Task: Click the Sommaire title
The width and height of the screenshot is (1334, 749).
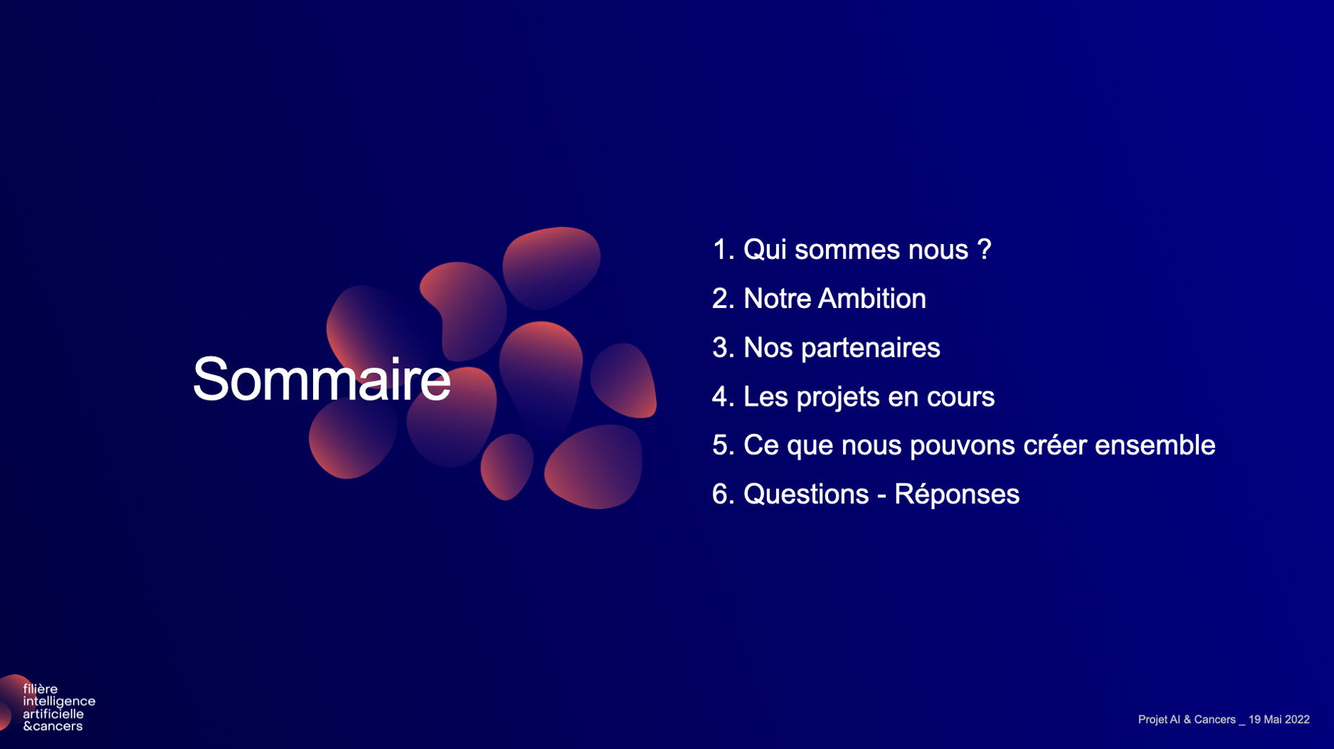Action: [322, 380]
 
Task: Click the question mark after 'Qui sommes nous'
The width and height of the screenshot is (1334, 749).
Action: [984, 249]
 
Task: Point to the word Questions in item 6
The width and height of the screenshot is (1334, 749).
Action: [806, 494]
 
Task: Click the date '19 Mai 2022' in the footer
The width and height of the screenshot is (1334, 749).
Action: [1279, 719]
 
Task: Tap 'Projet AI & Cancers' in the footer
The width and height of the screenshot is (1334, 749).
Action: [1187, 719]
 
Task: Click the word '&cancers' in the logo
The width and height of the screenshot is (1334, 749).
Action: [53, 726]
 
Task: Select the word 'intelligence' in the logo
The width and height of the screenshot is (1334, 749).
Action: [59, 702]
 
